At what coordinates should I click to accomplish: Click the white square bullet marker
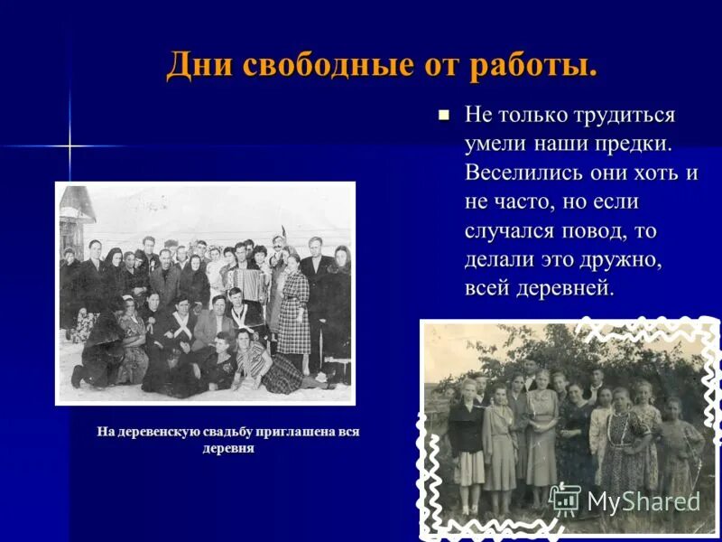(x=443, y=116)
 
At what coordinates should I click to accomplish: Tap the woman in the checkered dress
(x=292, y=312)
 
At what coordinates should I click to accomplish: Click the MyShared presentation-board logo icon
(x=565, y=500)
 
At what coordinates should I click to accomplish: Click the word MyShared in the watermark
(x=643, y=501)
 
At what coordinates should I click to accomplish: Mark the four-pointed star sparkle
(x=69, y=145)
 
